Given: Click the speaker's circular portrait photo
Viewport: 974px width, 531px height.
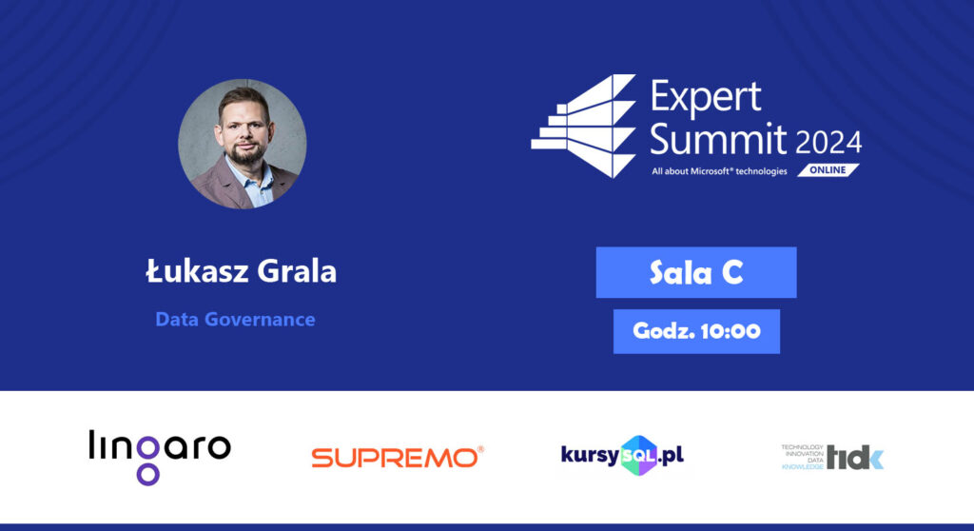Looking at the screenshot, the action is point(243,144).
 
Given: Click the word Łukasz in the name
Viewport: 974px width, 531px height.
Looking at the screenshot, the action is point(196,271).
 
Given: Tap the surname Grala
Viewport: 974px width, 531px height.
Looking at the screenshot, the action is point(297,271).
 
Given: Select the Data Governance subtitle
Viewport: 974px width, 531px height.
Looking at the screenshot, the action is point(235,319).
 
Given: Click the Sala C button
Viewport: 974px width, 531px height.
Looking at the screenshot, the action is point(696,272).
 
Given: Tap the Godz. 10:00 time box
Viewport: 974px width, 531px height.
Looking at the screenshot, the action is point(696,331).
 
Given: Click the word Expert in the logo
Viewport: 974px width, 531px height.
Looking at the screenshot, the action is point(706,96).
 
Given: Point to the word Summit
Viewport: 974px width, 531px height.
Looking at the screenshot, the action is point(718,139).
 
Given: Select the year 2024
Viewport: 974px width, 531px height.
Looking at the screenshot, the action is point(828,143).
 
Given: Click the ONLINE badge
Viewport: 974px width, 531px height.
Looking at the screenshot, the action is point(828,169).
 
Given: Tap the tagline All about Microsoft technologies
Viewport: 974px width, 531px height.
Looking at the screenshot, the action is point(719,171).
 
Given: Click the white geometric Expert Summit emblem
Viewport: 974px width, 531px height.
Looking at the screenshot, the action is point(583,127).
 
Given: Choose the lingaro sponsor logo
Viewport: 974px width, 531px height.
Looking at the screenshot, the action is point(160,457).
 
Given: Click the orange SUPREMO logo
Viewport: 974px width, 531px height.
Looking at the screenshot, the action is point(398,457).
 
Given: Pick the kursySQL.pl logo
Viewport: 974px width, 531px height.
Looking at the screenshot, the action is point(622,456).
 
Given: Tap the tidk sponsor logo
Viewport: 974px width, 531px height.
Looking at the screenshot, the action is point(832,457).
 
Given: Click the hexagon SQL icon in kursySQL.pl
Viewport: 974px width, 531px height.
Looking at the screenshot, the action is point(638,456).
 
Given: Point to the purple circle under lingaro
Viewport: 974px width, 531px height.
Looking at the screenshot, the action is point(148,475).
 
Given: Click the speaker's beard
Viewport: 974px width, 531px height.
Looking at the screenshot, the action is point(247,151).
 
